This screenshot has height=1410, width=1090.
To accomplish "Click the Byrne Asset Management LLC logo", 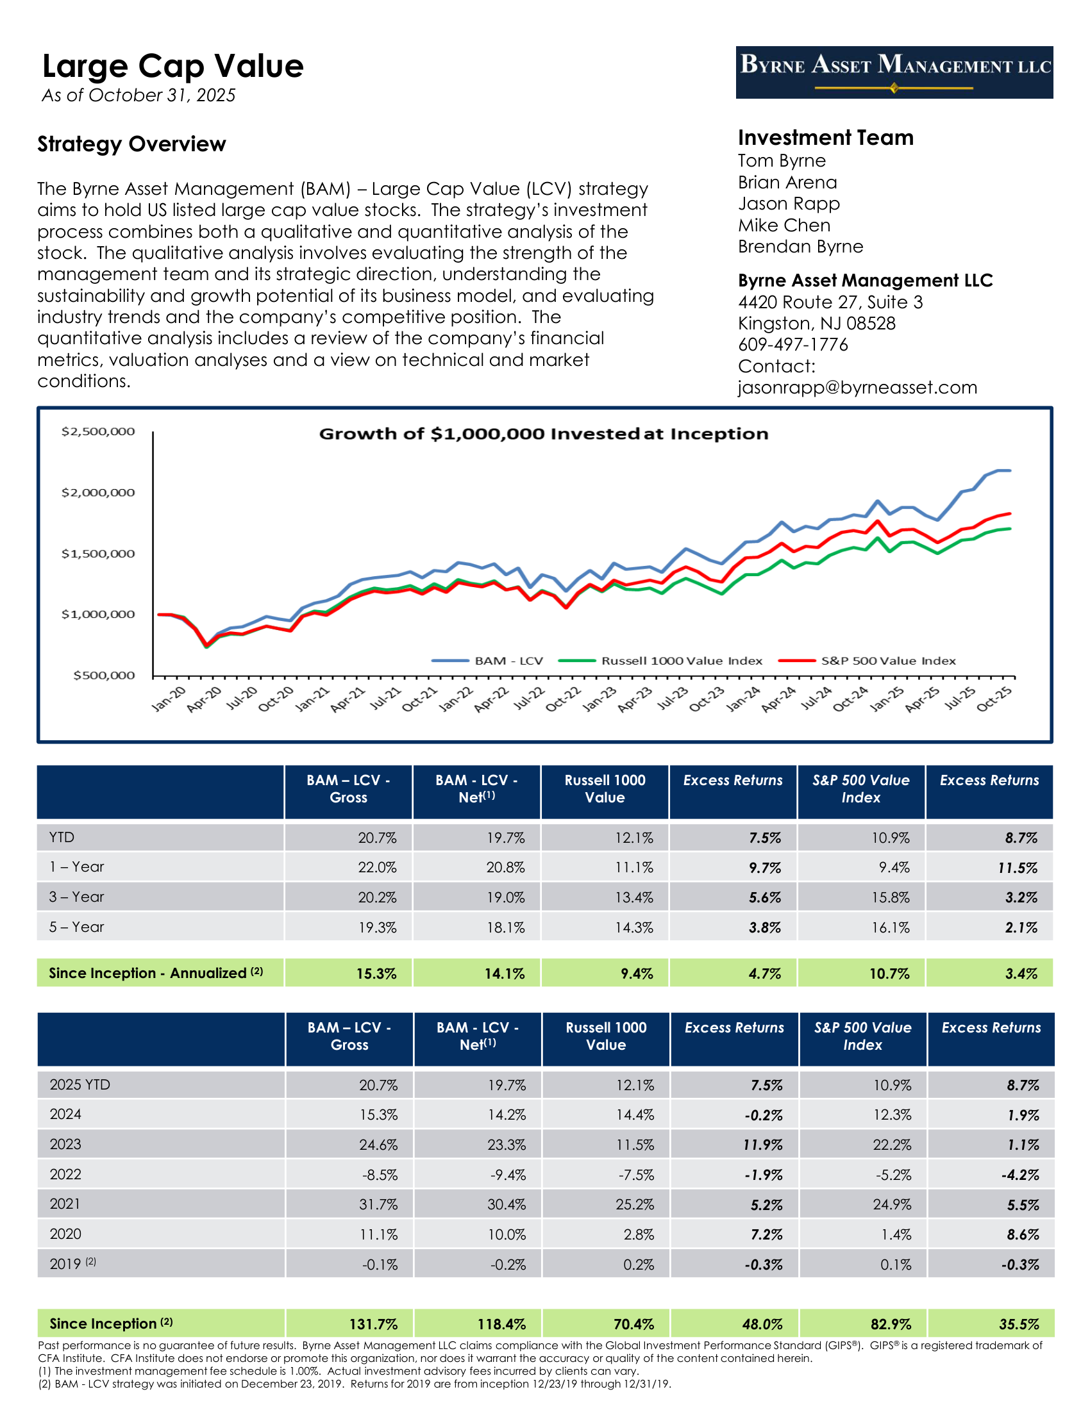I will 894,72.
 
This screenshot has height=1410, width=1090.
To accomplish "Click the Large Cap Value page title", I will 172,66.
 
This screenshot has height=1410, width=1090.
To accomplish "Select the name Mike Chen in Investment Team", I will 784,226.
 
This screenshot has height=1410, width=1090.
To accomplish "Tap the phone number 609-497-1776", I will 793,345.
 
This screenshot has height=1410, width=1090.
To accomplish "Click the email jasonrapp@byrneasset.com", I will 857,387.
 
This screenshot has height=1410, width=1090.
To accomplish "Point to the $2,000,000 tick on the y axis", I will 98,493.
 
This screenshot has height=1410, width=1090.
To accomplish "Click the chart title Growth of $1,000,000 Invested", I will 544,434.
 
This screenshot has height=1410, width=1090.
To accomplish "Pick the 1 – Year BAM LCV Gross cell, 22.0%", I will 377,867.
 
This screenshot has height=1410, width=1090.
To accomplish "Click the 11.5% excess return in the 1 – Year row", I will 1018,868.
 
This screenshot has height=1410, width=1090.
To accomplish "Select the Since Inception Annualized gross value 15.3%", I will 376,974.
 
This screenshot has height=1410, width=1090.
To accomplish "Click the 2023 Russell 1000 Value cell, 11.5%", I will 635,1145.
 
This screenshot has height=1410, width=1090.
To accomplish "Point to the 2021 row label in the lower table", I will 65,1204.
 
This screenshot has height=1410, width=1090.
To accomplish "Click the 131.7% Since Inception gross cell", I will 373,1324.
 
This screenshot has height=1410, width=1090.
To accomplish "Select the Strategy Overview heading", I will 131,144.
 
